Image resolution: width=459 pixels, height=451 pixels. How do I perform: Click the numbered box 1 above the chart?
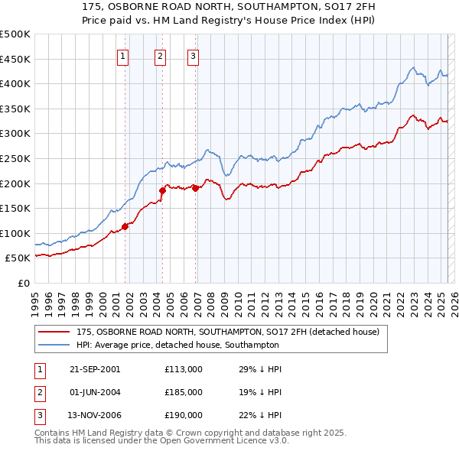(123, 55)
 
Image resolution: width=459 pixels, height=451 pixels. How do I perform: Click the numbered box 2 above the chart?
(159, 55)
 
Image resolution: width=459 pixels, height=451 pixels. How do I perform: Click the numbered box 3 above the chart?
(193, 55)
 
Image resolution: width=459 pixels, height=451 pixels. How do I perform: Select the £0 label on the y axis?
(24, 283)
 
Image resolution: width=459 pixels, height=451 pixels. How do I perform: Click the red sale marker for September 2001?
(125, 226)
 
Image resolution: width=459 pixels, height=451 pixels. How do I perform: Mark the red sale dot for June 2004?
(162, 190)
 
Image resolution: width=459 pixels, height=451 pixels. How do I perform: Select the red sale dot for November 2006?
(195, 188)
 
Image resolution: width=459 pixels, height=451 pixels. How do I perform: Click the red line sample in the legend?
(54, 332)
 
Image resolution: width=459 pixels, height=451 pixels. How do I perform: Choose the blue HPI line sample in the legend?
(54, 345)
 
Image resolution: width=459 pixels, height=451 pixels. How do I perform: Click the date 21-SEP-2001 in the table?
(94, 369)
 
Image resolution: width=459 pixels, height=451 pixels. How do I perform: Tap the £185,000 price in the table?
(183, 392)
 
